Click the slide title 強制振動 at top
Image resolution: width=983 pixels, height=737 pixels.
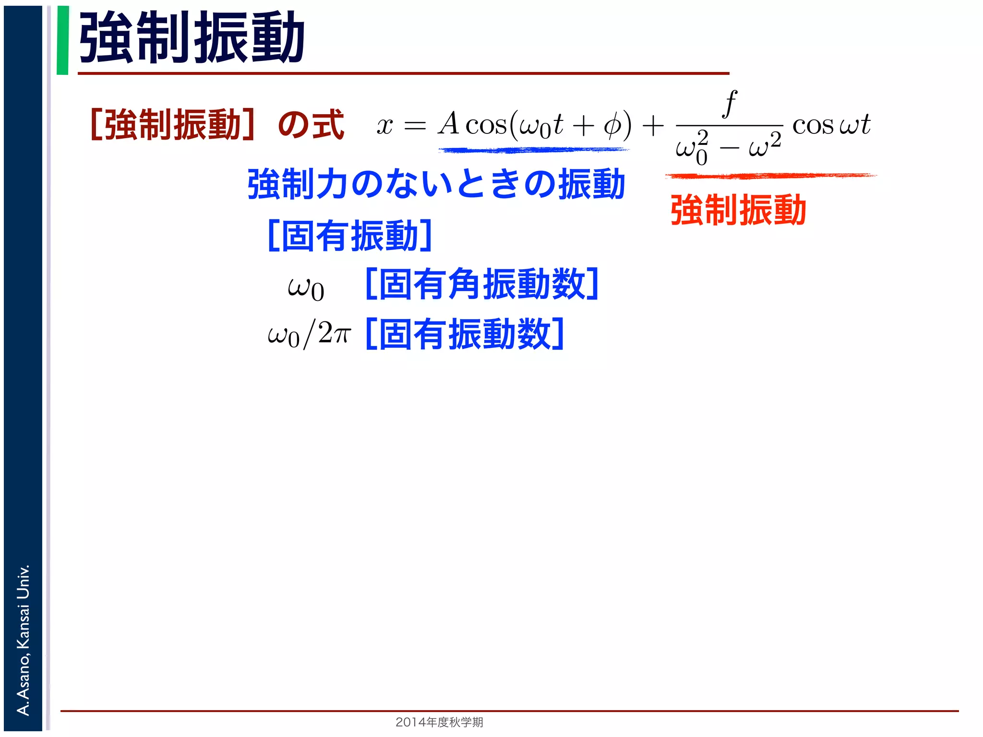click(192, 37)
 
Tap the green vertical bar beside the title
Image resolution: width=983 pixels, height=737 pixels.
click(62, 40)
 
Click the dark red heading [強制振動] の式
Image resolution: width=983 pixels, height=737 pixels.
click(217, 125)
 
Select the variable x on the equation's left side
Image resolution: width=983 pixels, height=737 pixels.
click(384, 126)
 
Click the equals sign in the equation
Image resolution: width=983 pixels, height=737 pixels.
click(415, 126)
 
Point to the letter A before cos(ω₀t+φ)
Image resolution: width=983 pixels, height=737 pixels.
click(449, 124)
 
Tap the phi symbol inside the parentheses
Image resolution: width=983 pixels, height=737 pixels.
click(611, 126)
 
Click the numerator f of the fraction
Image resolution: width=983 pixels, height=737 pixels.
click(730, 103)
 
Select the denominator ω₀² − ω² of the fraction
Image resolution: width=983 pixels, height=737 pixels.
click(728, 148)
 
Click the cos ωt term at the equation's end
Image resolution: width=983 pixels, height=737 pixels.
click(831, 125)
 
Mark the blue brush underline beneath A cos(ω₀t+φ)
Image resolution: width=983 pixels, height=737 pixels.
click(533, 150)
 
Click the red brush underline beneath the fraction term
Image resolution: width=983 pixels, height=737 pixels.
click(770, 176)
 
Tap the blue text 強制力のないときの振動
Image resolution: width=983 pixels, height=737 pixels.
click(436, 184)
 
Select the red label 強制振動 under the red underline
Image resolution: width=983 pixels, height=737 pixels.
click(738, 210)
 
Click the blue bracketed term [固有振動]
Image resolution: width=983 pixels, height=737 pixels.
click(350, 236)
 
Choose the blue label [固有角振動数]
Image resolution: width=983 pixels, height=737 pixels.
click(481, 285)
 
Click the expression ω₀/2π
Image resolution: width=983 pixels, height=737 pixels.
click(310, 334)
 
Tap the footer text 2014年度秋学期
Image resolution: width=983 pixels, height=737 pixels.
click(439, 722)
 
